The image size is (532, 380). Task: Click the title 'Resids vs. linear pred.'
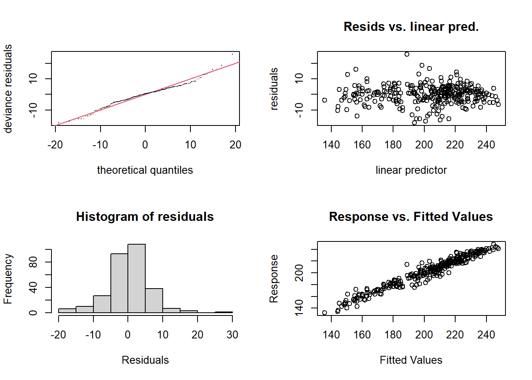tap(411, 27)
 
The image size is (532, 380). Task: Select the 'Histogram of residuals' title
tap(145, 217)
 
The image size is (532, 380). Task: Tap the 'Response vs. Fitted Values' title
tap(411, 217)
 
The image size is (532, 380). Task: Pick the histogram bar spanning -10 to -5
tap(102, 304)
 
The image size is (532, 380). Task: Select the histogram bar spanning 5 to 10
tap(154, 300)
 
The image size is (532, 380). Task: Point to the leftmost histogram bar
tap(67, 311)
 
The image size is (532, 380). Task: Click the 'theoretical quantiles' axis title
tap(145, 170)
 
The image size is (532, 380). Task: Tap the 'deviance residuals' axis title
tap(8, 89)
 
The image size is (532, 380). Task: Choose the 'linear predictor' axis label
tap(411, 170)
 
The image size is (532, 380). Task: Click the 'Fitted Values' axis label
tap(411, 360)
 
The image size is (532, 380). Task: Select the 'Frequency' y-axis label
tap(8, 279)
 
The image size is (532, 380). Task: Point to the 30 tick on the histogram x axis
tap(232, 335)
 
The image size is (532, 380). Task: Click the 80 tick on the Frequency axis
tap(33, 262)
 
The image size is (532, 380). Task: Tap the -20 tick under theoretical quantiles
tap(55, 145)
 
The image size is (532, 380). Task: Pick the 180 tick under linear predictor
tap(393, 145)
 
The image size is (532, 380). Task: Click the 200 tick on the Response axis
tap(299, 273)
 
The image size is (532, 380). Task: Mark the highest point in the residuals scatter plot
tap(407, 54)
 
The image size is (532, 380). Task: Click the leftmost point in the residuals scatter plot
tap(325, 100)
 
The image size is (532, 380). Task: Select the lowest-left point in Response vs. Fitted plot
tap(325, 313)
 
